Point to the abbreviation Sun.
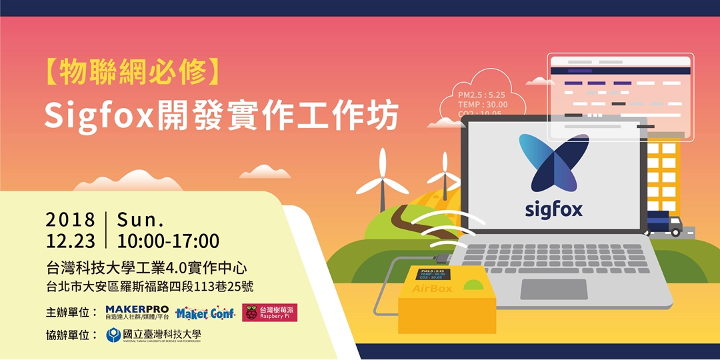(x=140, y=221)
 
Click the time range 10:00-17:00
(x=168, y=241)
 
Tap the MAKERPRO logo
(x=137, y=312)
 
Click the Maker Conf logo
(x=205, y=313)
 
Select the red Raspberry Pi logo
(x=269, y=312)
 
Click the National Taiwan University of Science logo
(x=153, y=335)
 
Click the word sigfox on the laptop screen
(x=553, y=209)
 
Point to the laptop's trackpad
(x=553, y=289)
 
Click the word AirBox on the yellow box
(x=431, y=289)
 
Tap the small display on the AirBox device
(x=431, y=274)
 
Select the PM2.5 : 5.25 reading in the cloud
(x=482, y=94)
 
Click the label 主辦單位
(x=72, y=312)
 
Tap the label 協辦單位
(x=72, y=335)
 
